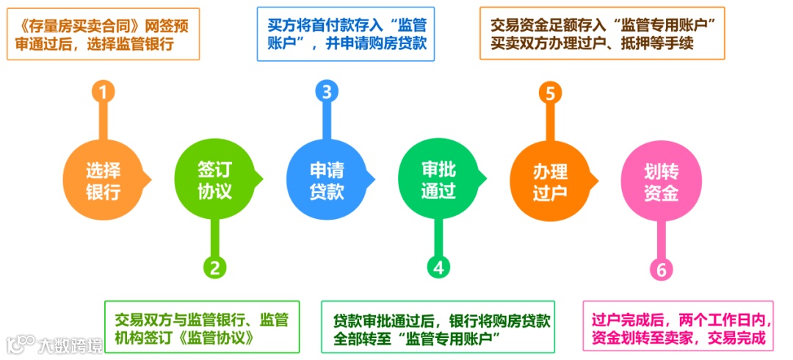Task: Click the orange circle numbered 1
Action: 104,92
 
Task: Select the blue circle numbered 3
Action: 327,92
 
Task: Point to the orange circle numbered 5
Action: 550,93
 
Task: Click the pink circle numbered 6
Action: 662,270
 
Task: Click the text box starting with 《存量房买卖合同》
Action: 103,34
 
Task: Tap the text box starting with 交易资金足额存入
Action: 602,33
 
